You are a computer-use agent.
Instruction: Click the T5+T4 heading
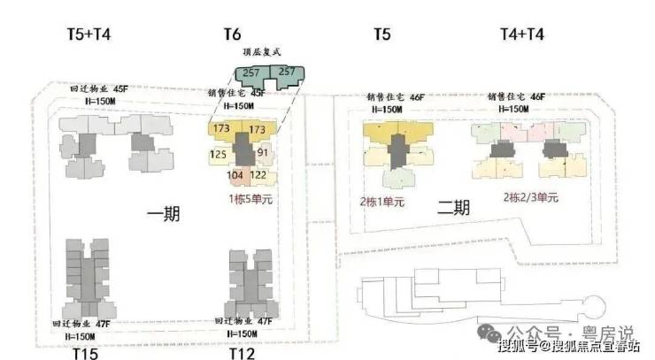click(89, 34)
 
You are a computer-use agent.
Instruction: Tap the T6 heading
click(232, 34)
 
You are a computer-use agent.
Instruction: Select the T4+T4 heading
click(522, 34)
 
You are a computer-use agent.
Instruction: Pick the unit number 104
click(235, 175)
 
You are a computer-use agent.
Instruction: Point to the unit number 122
click(258, 175)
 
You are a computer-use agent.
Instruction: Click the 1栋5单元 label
click(251, 200)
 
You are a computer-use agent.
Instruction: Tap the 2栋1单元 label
click(381, 202)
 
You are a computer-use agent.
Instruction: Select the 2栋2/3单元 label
click(531, 198)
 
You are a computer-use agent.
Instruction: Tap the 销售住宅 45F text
click(237, 92)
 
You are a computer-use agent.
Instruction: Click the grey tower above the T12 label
click(249, 281)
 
